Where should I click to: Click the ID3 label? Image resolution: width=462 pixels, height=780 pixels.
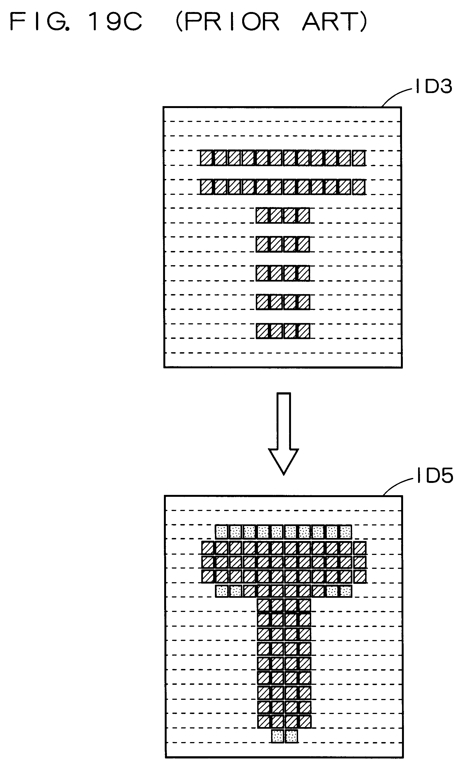pos(433,86)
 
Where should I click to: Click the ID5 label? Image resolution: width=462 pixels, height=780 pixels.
pos(435,476)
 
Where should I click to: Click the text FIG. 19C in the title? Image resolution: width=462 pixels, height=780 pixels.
pos(76,22)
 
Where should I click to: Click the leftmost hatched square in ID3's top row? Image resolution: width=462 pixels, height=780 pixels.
pos(206,158)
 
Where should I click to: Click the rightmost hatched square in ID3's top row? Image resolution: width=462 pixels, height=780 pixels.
pos(359,158)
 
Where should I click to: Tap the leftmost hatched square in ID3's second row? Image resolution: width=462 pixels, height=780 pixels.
pos(206,187)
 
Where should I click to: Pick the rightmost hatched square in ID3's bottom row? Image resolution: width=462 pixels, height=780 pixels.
pos(304,331)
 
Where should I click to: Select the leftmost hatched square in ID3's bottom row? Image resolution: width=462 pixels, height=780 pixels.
pos(262,331)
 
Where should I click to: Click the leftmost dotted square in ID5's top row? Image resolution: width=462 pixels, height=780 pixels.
pos(222,532)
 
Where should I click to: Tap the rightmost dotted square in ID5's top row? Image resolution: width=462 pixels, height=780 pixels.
pos(345,532)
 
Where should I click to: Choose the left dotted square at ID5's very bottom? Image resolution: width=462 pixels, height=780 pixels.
pos(277,736)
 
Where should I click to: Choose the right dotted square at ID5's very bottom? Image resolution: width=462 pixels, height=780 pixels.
pos(291,736)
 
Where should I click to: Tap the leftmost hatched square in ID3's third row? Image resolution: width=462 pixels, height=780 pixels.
pos(262,216)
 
